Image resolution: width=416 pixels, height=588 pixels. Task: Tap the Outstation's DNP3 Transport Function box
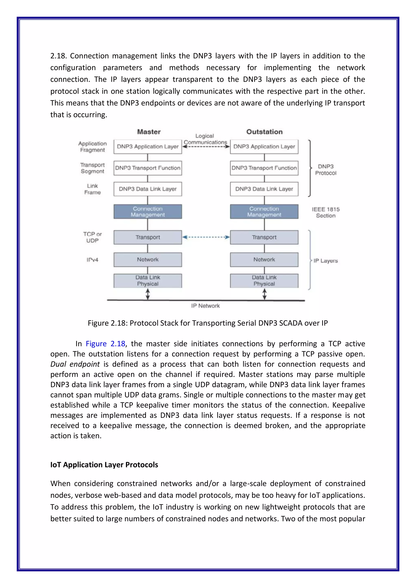coord(264,168)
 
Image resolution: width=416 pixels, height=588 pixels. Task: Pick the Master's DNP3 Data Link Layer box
coord(148,189)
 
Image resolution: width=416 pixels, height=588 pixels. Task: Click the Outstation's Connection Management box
coord(264,212)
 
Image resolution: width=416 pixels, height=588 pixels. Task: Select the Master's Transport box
coord(148,237)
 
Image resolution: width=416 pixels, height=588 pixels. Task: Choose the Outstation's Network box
coord(264,259)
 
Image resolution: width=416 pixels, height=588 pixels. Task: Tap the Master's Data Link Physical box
coord(148,281)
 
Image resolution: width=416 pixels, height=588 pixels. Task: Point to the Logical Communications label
coord(205,139)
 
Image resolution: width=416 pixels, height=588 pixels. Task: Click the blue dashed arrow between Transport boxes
coord(206,237)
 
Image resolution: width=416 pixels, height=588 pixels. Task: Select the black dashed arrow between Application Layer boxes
coord(206,147)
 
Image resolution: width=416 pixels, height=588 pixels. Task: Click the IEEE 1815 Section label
coord(326,212)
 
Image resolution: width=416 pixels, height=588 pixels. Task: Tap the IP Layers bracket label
coord(326,261)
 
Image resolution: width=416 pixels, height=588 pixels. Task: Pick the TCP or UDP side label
coord(92,237)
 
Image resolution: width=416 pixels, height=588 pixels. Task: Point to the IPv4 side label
coord(92,260)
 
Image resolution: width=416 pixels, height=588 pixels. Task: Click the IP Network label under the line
coord(205,306)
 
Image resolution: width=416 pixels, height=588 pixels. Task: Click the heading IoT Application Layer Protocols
coord(104,465)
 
